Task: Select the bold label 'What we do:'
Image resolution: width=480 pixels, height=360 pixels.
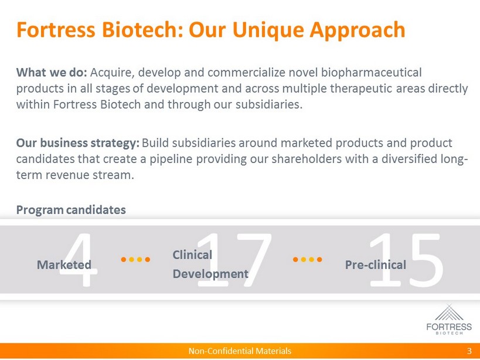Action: (x=52, y=73)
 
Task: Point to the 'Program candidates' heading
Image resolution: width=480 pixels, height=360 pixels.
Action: (x=71, y=210)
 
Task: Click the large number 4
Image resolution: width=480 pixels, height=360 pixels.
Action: (x=79, y=260)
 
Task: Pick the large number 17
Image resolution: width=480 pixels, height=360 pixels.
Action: (x=234, y=260)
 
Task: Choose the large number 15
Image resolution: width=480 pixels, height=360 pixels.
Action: (x=406, y=260)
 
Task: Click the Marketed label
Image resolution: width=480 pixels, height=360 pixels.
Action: (x=64, y=265)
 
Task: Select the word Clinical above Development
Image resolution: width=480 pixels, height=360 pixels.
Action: (x=192, y=254)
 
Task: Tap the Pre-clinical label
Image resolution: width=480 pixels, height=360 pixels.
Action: (x=376, y=265)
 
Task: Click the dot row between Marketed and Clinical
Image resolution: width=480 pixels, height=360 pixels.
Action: (x=135, y=260)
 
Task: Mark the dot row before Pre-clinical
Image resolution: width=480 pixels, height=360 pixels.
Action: (x=307, y=260)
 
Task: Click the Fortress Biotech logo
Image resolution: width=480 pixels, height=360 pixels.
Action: (x=449, y=320)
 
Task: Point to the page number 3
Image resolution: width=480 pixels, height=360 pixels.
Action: (x=469, y=351)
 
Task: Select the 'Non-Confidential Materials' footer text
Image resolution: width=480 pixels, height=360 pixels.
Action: (x=240, y=351)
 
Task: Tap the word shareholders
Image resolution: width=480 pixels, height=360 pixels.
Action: (x=307, y=159)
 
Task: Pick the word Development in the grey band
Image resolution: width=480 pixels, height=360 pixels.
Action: (x=210, y=274)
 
